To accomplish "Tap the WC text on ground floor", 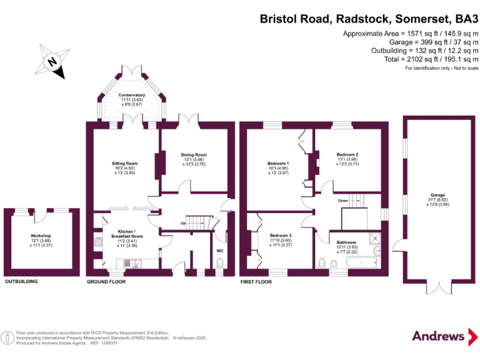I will click(219, 251).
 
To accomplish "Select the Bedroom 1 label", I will click(278, 164).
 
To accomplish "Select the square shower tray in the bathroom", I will click(374, 237).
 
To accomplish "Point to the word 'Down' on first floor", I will click(343, 201).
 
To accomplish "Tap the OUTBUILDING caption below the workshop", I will click(21, 282).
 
